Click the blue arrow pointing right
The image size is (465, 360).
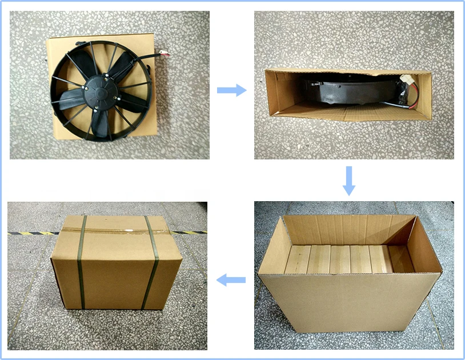(x=231, y=90)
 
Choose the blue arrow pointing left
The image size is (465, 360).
(x=231, y=280)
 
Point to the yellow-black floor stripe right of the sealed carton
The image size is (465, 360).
(x=189, y=232)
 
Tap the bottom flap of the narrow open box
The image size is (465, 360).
(x=354, y=113)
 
